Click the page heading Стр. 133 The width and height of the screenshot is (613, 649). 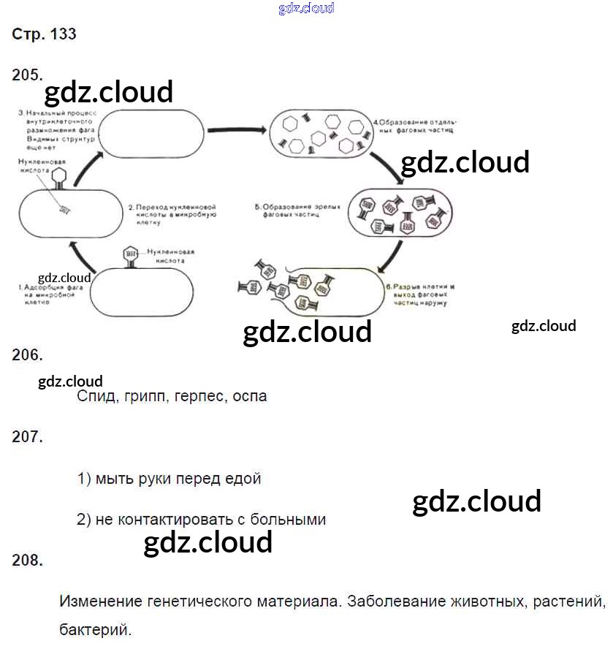(x=44, y=34)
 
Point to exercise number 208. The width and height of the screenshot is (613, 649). (x=28, y=561)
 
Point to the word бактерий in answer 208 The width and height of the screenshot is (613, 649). (x=96, y=628)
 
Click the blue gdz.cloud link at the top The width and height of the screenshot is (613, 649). (x=306, y=9)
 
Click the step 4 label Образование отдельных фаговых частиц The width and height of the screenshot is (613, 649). (x=414, y=126)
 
